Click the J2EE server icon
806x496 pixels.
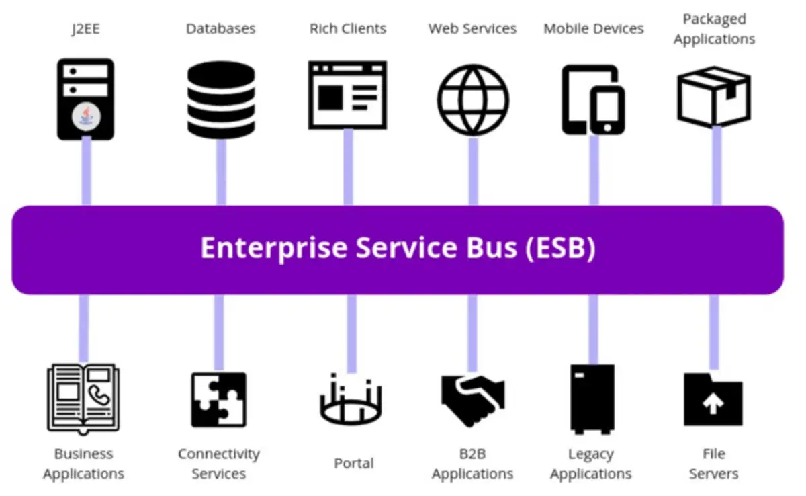point(85,99)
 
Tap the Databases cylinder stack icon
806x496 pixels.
point(220,99)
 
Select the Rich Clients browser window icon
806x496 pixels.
point(347,95)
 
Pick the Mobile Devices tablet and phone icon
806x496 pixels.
point(593,99)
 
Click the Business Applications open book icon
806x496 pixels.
point(83,397)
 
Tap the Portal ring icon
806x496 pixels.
point(350,400)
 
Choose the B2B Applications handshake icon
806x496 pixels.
point(473,399)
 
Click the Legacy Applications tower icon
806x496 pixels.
point(592,399)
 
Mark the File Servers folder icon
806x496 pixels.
point(713,399)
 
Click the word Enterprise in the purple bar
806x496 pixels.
point(274,248)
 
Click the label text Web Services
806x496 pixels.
point(472,29)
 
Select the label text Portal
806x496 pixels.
point(354,463)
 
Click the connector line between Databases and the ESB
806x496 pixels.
point(221,171)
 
